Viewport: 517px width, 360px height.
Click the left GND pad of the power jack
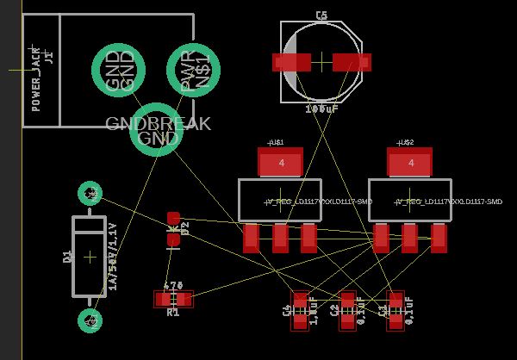119,71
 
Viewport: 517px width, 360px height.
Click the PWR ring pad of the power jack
193,71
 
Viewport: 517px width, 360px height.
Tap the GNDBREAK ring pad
156,129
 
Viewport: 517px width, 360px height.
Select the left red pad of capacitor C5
291,62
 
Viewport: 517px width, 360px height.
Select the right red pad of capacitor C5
351,62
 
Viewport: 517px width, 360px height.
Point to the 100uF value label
321,109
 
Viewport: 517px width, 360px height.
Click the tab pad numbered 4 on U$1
280,162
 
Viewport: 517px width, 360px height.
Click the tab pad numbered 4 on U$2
409,162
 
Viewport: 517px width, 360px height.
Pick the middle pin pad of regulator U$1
280,238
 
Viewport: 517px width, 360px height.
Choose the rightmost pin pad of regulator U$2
439,238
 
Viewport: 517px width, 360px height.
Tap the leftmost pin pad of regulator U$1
251,238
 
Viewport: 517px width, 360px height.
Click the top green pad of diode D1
90,194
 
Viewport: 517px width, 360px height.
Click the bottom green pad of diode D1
90,320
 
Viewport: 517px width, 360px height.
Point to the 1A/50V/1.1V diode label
112,257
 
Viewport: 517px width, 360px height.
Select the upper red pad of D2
173,219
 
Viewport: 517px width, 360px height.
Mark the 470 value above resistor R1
173,285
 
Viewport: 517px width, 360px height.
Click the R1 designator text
173,312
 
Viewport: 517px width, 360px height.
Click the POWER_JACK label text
35,79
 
